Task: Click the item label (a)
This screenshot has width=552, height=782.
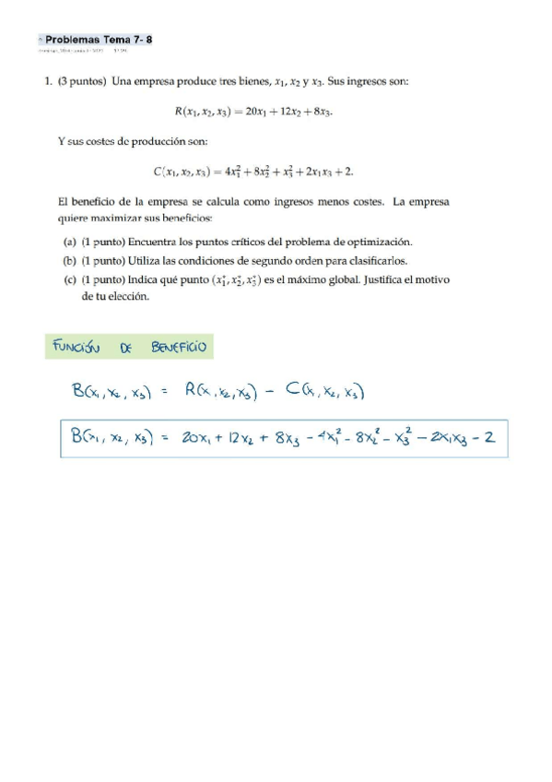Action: point(69,242)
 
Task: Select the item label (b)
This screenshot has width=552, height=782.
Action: point(69,260)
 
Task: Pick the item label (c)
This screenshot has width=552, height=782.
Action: point(69,279)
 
